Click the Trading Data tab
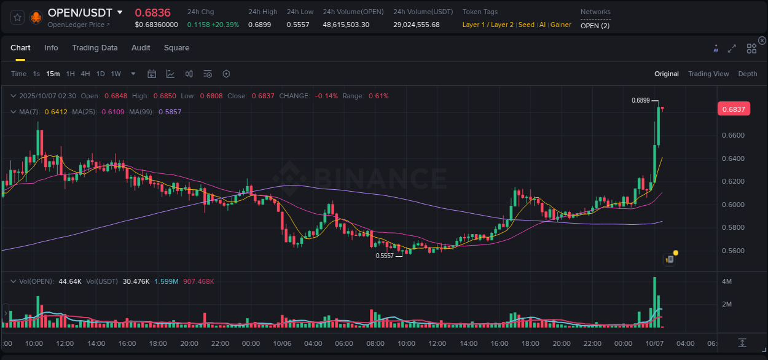click(95, 48)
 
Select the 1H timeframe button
click(70, 74)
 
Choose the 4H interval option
click(85, 74)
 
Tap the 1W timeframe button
click(116, 74)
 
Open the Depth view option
click(747, 74)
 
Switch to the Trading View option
click(708, 74)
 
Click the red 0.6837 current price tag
click(733, 109)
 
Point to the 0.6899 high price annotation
click(641, 100)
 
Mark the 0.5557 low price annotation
click(385, 256)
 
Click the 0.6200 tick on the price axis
click(733, 182)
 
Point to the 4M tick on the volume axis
click(726, 281)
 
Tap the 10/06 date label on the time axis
click(281, 343)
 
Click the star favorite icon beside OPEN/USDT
click(17, 17)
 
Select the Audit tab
click(141, 48)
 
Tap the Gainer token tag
click(560, 25)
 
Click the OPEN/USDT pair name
click(80, 12)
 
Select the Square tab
click(176, 48)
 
